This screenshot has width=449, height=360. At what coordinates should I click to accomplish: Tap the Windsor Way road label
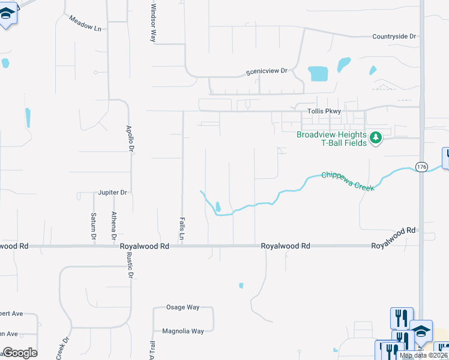click(x=153, y=22)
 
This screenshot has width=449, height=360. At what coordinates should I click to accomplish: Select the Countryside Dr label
click(x=394, y=37)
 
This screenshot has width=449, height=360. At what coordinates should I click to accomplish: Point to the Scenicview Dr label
click(x=267, y=71)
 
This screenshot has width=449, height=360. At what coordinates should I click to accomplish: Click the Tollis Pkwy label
click(x=324, y=111)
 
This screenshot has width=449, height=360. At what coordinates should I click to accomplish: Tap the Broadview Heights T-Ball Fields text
click(x=332, y=139)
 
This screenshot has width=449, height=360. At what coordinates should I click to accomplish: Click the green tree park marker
click(x=376, y=138)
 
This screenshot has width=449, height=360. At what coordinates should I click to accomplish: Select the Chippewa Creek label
click(x=348, y=180)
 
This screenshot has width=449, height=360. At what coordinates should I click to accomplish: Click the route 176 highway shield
click(x=421, y=167)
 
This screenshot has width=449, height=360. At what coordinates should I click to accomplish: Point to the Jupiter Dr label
click(x=113, y=193)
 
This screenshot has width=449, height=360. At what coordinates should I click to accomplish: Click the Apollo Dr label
click(x=128, y=137)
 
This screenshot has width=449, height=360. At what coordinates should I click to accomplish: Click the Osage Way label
click(x=184, y=307)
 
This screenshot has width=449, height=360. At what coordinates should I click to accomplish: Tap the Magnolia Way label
click(x=183, y=331)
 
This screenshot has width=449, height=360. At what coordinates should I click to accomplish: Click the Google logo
click(x=19, y=353)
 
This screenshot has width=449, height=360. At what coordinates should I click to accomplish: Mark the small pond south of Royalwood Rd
click(x=241, y=285)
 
